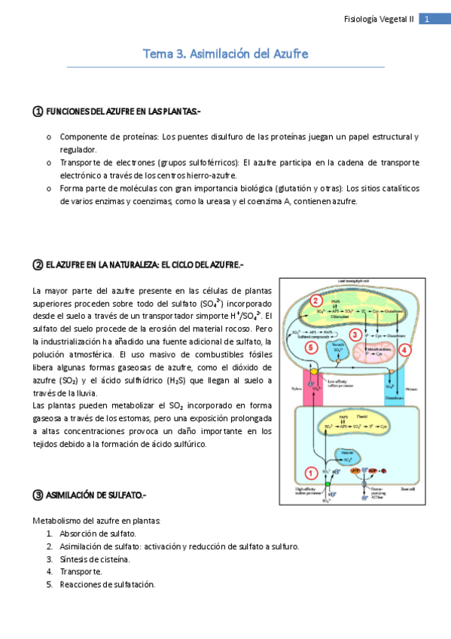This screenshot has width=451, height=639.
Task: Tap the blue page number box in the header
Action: coord(426,20)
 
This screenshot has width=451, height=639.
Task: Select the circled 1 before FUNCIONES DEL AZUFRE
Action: coord(37,112)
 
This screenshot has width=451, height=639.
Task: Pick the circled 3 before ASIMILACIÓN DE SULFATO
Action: coord(37,495)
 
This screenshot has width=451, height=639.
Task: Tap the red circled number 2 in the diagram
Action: coord(316,300)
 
